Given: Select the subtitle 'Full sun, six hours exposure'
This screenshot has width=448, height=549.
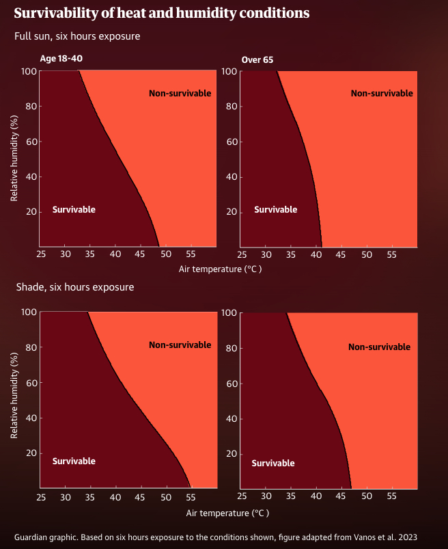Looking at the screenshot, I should click(x=77, y=36).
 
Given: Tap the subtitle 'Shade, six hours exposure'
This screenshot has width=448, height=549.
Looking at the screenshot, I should click(x=74, y=287).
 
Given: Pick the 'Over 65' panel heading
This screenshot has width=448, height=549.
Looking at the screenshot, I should click(x=257, y=60).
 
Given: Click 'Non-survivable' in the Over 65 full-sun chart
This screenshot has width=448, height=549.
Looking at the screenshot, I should click(x=382, y=94).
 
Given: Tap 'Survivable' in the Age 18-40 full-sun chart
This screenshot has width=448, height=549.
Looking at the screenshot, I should click(x=74, y=210).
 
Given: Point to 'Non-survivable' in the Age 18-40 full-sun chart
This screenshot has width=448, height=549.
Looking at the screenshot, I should click(x=180, y=93).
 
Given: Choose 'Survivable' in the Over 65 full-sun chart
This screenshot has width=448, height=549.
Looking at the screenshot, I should click(x=275, y=210).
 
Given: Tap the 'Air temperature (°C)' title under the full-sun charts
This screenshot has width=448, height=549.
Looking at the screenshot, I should click(x=220, y=269).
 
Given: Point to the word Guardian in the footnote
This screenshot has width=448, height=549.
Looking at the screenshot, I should click(x=33, y=537).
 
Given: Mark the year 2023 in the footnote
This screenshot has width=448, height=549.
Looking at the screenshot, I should click(x=406, y=537).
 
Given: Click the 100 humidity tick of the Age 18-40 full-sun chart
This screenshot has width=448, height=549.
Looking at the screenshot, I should click(x=29, y=71).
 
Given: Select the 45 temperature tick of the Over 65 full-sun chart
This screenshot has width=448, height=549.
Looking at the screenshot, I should click(x=341, y=254).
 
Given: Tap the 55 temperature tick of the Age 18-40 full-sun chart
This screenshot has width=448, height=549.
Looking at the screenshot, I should click(x=190, y=254).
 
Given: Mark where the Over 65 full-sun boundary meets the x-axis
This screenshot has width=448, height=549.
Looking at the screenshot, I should click(x=321, y=247).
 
